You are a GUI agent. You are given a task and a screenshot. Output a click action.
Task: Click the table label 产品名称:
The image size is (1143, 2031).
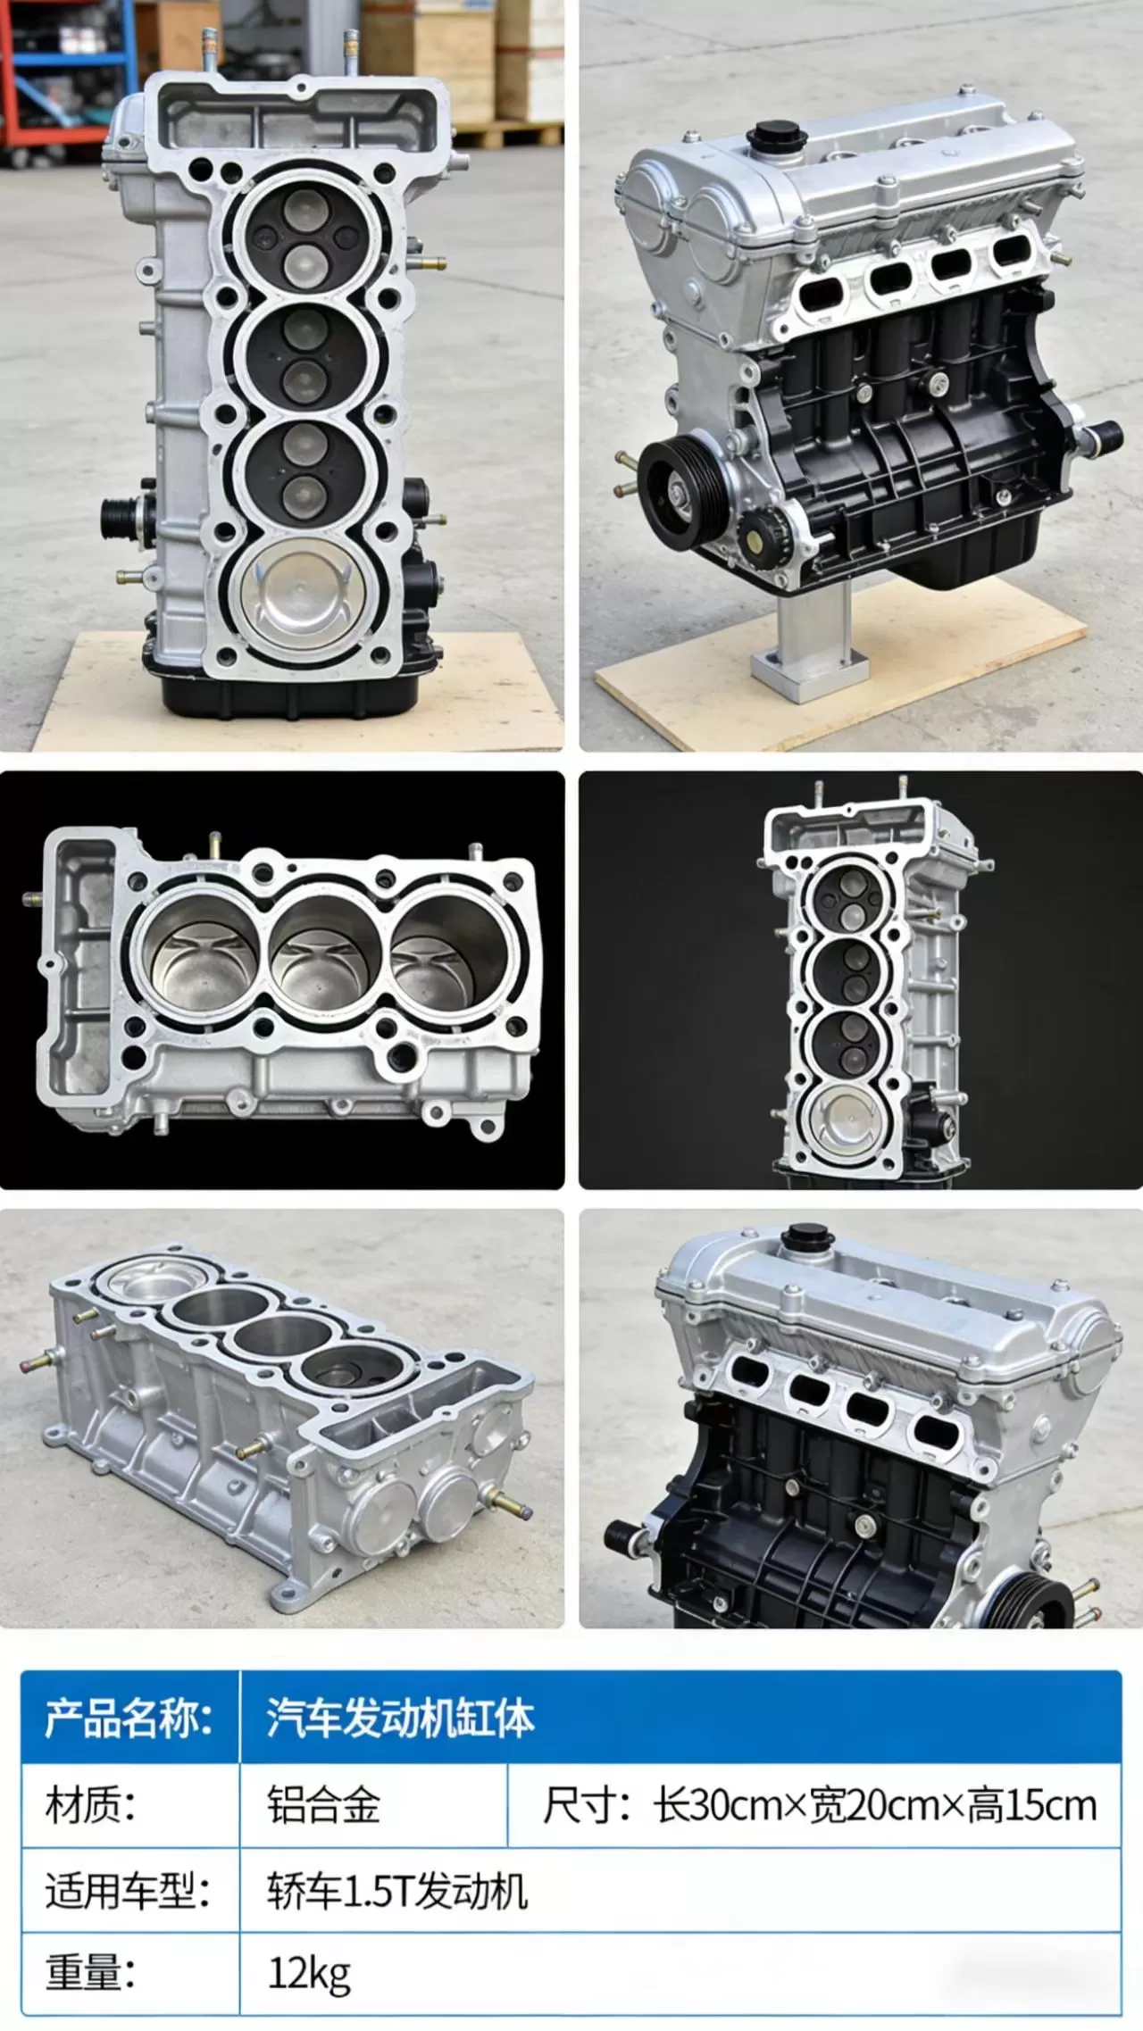click(x=129, y=1719)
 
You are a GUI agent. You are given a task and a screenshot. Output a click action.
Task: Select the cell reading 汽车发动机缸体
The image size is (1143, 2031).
click(x=400, y=1719)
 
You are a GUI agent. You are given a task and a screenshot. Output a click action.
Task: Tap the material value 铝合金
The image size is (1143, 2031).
click(x=323, y=1806)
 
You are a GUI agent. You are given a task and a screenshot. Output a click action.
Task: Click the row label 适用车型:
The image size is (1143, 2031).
click(x=129, y=1891)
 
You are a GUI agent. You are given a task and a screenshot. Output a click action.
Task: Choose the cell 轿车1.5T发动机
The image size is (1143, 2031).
click(x=397, y=1891)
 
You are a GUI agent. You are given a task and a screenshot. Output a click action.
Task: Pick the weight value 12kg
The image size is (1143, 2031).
click(x=309, y=1974)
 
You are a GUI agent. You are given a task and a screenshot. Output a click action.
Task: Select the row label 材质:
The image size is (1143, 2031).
click(x=90, y=1806)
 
